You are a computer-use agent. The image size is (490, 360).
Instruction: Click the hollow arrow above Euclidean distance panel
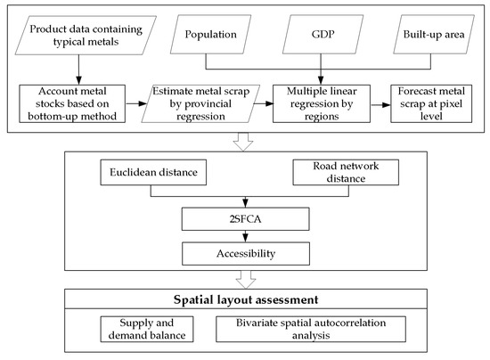(244, 140)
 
